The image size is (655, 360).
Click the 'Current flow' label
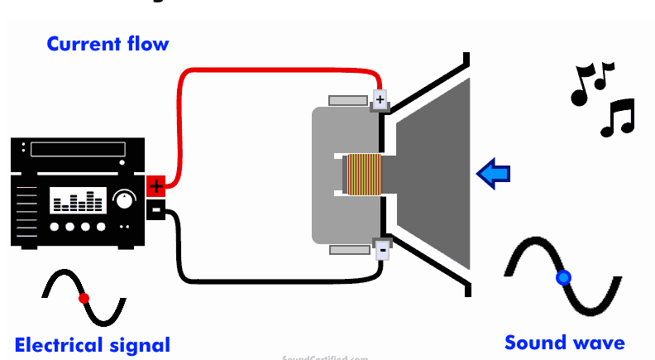(108, 43)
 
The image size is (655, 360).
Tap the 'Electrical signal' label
(93, 344)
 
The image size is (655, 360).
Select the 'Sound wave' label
(565, 342)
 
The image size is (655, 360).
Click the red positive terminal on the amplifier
(156, 186)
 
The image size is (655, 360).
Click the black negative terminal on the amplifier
(156, 209)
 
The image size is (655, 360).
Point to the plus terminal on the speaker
(380, 100)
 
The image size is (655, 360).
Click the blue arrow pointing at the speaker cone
(494, 174)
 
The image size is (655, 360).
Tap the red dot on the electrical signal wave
(84, 298)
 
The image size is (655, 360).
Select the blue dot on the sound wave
(563, 278)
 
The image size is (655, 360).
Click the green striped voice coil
(364, 175)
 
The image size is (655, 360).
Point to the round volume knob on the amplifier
(124, 199)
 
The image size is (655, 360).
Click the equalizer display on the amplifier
(78, 199)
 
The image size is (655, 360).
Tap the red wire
(273, 73)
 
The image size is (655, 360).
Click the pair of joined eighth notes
(590, 83)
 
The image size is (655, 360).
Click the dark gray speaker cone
(434, 174)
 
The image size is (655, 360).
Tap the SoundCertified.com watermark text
(325, 358)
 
